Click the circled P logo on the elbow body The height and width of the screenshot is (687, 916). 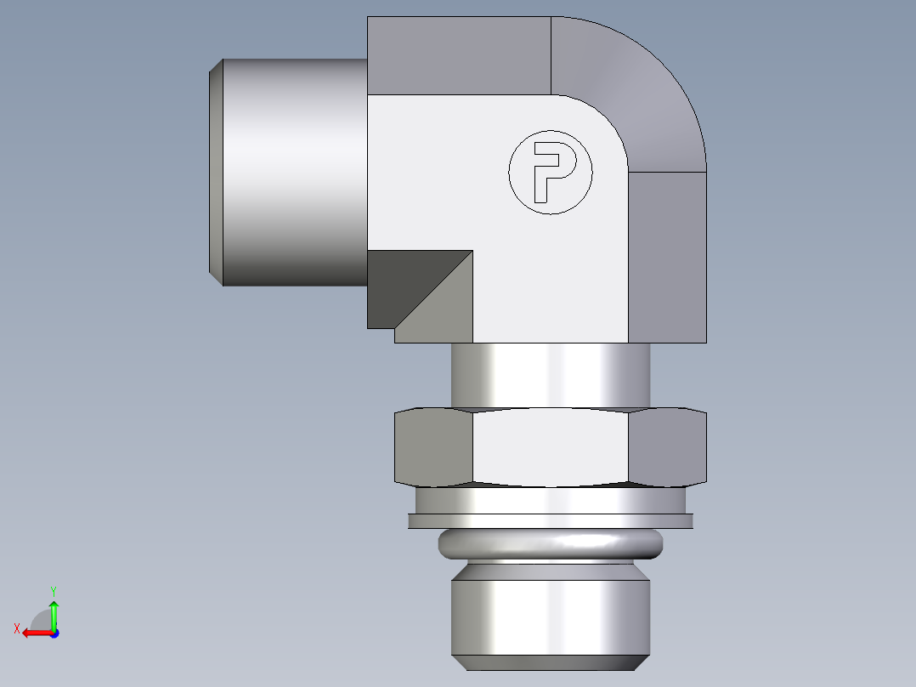(550, 173)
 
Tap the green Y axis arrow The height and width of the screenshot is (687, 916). (54, 612)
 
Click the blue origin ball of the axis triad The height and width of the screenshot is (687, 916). (54, 633)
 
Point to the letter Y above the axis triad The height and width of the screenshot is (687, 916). (53, 590)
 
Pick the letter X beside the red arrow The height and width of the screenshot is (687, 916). (16, 628)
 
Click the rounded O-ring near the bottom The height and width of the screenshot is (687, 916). (550, 543)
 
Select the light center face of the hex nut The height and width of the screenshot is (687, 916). (550, 448)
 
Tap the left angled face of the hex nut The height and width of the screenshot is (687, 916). (433, 448)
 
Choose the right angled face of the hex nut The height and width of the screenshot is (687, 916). (667, 448)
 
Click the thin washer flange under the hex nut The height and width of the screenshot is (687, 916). (550, 521)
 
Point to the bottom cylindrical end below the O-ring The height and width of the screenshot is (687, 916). (550, 615)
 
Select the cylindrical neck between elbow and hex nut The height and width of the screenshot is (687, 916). (550, 375)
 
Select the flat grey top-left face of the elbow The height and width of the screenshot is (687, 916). (459, 55)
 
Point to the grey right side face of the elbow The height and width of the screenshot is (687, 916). (667, 255)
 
